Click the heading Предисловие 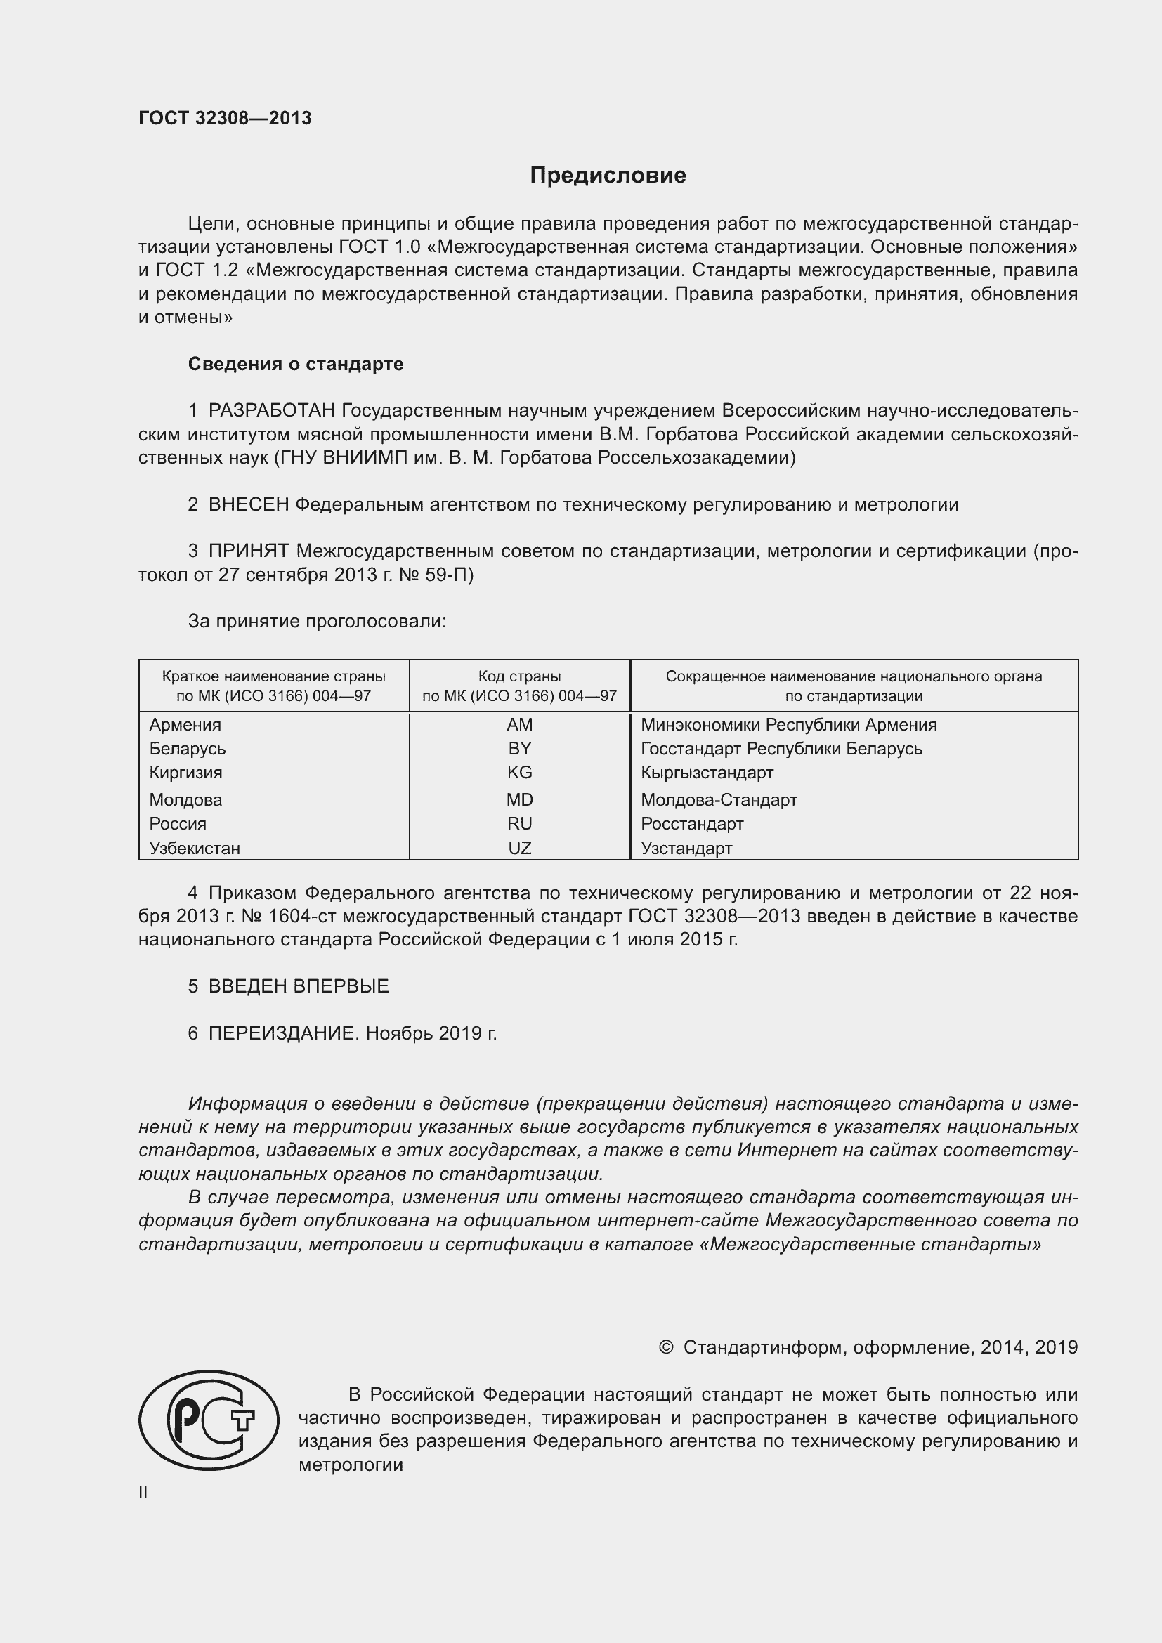pos(608,176)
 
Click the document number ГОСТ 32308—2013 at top pos(225,118)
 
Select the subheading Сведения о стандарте pos(296,365)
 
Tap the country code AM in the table pos(519,725)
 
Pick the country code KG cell pos(519,773)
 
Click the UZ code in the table pos(519,849)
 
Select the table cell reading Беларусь pos(188,749)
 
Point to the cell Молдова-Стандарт pos(719,800)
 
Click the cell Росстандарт pos(692,824)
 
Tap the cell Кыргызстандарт pos(707,773)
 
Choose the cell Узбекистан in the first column pos(195,849)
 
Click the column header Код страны pos(519,676)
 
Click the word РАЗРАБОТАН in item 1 pos(272,411)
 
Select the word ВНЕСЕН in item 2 pos(248,505)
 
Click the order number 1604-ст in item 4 pos(288,917)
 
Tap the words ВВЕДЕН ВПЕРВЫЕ pos(299,986)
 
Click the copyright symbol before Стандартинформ pos(665,1347)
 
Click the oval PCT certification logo pos(209,1420)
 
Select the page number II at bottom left pos(143,1493)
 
